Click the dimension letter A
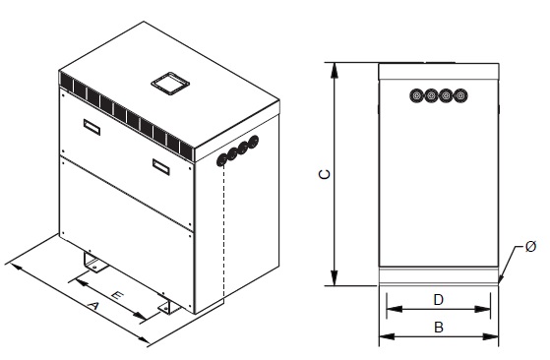(94, 308)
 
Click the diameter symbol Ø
(529, 245)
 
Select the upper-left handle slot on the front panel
(91, 126)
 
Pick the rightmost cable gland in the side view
(460, 95)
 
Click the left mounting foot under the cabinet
(94, 263)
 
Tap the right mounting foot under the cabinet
(167, 308)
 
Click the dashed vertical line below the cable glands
(224, 236)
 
